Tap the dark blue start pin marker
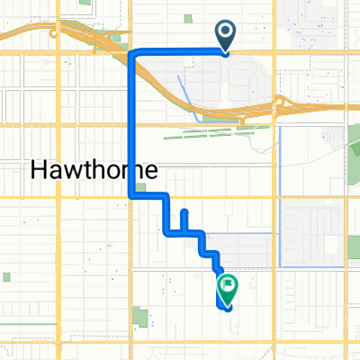[224, 34]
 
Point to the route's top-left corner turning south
[134, 54]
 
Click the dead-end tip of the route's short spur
[184, 212]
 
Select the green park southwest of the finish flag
[142, 316]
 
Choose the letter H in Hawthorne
[40, 169]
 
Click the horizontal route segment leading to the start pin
[180, 53]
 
